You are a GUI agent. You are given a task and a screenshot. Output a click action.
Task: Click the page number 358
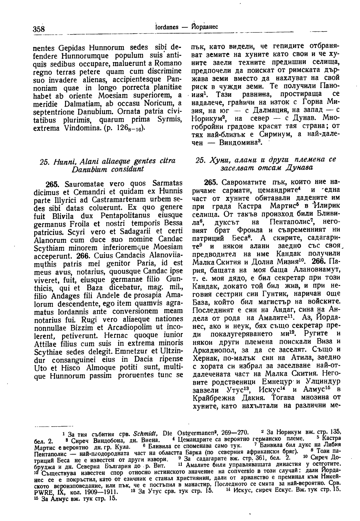(39, 29)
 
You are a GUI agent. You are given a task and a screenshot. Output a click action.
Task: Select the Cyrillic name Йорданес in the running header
(204, 27)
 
